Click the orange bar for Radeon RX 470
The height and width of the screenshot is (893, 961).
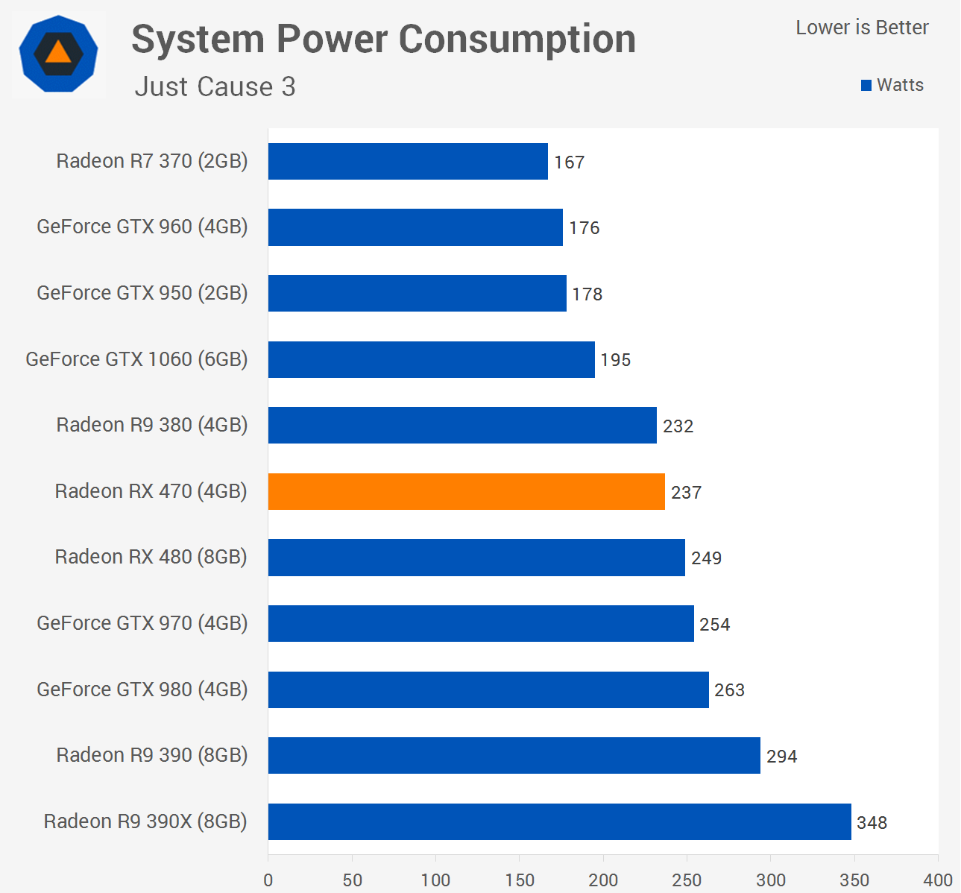coord(466,491)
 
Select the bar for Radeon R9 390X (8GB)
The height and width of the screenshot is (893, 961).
coord(559,821)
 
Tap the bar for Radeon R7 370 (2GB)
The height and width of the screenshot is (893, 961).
coord(408,161)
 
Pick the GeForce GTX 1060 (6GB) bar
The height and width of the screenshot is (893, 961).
coord(431,359)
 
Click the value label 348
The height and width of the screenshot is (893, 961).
coord(872,823)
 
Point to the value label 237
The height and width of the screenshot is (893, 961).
coord(686,493)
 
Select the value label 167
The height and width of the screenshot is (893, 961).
coord(569,162)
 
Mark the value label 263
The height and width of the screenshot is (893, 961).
coord(729,690)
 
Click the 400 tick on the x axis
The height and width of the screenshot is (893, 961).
coord(938,880)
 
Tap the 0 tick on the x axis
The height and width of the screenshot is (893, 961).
coord(268,880)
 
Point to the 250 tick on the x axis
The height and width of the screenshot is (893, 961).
coord(687,880)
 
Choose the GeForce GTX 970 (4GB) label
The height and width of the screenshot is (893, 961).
coord(142,623)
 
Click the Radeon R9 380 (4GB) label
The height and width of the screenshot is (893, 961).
coord(152,425)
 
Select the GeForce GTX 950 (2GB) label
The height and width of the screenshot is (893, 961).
coord(142,293)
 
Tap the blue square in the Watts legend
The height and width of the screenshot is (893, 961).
coord(866,86)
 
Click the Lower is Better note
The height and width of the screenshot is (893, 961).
coord(862,28)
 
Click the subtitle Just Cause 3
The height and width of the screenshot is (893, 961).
coord(215,87)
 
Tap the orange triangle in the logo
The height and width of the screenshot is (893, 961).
coord(58,52)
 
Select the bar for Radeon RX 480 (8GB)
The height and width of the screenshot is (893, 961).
coord(476,558)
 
